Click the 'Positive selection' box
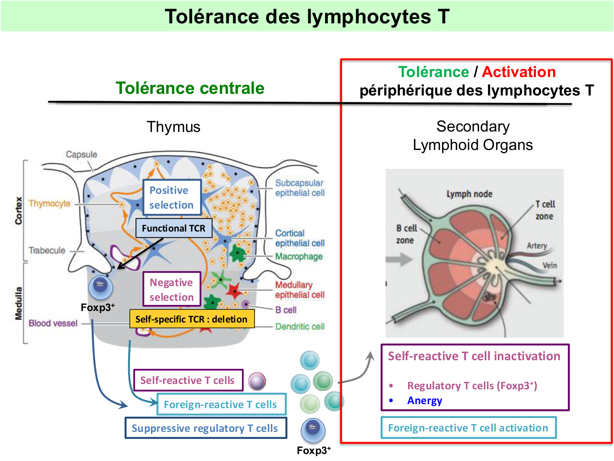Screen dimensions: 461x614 [172, 198]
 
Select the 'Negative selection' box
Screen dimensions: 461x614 [172, 289]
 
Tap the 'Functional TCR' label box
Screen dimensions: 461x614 [174, 228]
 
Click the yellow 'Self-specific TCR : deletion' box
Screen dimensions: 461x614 [192, 319]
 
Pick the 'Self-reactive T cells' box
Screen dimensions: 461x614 [188, 380]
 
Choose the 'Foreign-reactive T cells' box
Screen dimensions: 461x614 [221, 404]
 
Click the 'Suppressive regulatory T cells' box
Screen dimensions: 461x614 [205, 428]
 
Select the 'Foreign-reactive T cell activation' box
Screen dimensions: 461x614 [468, 428]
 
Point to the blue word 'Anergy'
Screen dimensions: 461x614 [424, 400]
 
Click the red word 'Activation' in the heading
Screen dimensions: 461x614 [519, 72]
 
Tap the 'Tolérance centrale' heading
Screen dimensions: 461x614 [190, 88]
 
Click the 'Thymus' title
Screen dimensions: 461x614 [174, 127]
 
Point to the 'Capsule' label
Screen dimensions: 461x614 [81, 154]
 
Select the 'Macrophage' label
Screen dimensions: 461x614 [299, 257]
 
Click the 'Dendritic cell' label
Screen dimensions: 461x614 [300, 327]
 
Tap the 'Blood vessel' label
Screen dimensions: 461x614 [53, 323]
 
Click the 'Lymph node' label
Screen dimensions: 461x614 [469, 194]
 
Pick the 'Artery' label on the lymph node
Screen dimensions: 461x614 [537, 245]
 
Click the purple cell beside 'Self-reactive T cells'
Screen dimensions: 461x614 [257, 381]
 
